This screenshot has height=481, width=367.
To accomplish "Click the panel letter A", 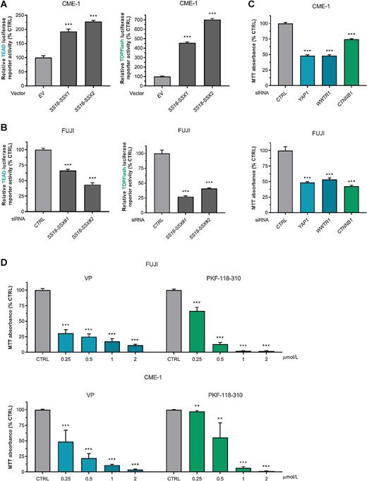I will (x=5, y=5).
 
